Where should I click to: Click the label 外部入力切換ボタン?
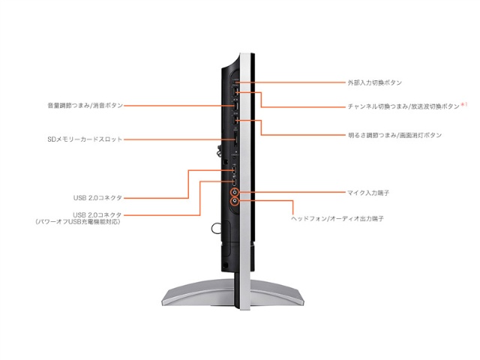tap(374, 82)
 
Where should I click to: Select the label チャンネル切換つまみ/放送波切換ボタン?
tap(403, 106)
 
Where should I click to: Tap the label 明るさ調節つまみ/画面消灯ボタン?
tap(395, 135)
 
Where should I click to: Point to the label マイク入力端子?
tap(368, 193)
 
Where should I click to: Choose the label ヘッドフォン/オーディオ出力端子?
tap(337, 218)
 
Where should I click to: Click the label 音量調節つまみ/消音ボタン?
tap(85, 105)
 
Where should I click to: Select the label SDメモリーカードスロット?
tap(85, 139)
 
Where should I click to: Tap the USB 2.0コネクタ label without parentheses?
tap(97, 198)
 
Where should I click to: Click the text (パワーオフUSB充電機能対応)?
tap(78, 222)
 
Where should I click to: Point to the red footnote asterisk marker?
tap(463, 105)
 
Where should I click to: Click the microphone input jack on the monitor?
tap(235, 192)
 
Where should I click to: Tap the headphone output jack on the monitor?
tap(235, 201)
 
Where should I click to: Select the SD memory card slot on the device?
tap(235, 139)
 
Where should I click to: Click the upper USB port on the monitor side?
tap(235, 170)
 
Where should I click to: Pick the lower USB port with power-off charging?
tap(235, 182)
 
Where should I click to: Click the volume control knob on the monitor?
tap(235, 106)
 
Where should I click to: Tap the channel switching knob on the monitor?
tap(236, 91)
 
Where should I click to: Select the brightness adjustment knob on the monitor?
tap(235, 120)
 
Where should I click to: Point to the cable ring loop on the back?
tap(215, 228)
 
